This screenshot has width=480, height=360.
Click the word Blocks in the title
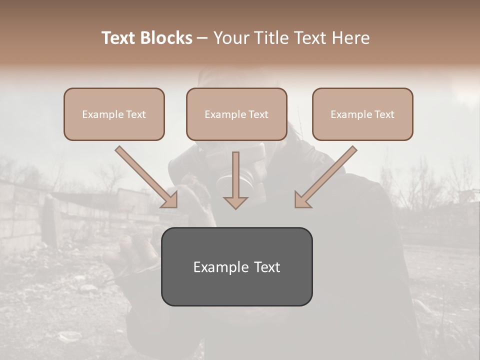[167, 38]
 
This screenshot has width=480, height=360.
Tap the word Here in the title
[350, 38]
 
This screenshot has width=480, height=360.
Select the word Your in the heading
[229, 38]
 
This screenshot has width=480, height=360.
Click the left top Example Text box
[114, 114]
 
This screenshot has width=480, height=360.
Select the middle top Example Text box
[236, 114]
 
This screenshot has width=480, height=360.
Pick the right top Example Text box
[362, 114]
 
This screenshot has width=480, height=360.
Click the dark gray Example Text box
[236, 266]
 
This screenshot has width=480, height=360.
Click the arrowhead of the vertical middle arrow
[235, 202]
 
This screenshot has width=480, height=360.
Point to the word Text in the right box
[384, 114]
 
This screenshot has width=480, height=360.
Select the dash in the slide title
[202, 38]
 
